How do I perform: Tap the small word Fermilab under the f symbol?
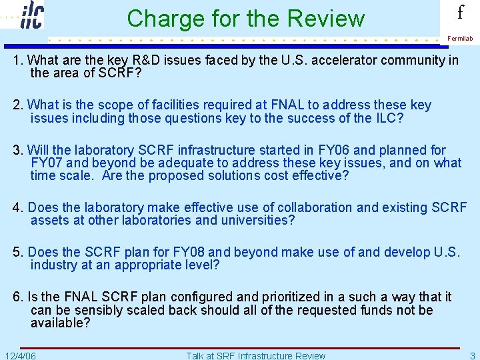coord(460,39)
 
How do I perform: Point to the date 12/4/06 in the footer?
coord(20,355)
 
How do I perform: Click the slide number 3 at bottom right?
coord(472,355)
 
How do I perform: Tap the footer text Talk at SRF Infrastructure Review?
coord(256,355)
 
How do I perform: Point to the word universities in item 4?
coord(253,220)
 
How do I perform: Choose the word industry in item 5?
coord(57,265)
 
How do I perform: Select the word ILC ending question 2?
coord(390,118)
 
